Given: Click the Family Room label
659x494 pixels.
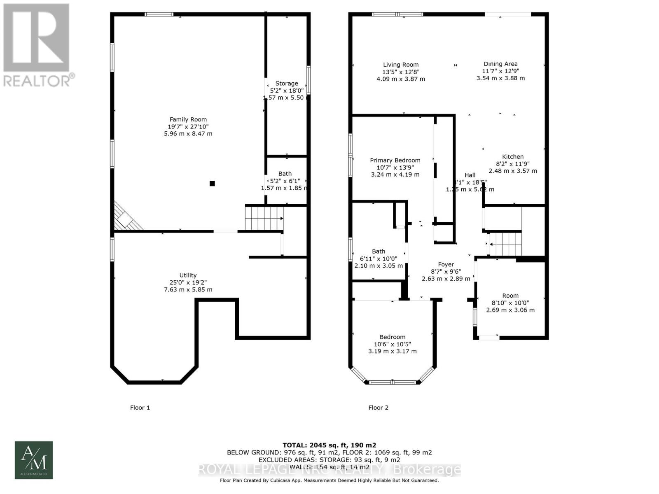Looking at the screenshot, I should pyautogui.click(x=188, y=120).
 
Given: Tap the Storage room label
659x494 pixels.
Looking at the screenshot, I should pyautogui.click(x=287, y=84).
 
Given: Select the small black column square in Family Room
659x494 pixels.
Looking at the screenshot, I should pyautogui.click(x=212, y=184).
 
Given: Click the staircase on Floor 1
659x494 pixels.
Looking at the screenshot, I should pyautogui.click(x=264, y=218).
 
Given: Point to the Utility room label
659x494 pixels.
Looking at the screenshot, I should pyautogui.click(x=188, y=275).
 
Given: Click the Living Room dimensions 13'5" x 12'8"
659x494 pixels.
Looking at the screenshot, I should pyautogui.click(x=401, y=72).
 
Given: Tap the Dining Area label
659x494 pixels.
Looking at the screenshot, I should pyautogui.click(x=500, y=64).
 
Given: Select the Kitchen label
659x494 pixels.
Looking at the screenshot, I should pyautogui.click(x=513, y=157).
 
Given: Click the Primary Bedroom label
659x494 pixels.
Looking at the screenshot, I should pyautogui.click(x=395, y=161).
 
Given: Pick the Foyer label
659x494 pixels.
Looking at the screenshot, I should pyautogui.click(x=446, y=265).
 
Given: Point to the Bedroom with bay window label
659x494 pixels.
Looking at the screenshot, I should pyautogui.click(x=393, y=337).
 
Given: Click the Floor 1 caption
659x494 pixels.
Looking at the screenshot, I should pyautogui.click(x=140, y=408).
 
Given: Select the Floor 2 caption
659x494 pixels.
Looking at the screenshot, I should pyautogui.click(x=378, y=408).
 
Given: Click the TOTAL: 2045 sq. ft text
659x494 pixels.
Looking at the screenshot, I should pyautogui.click(x=329, y=445).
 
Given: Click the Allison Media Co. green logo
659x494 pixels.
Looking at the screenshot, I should pyautogui.click(x=34, y=460).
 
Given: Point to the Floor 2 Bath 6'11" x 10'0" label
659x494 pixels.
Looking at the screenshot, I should pyautogui.click(x=379, y=252).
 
